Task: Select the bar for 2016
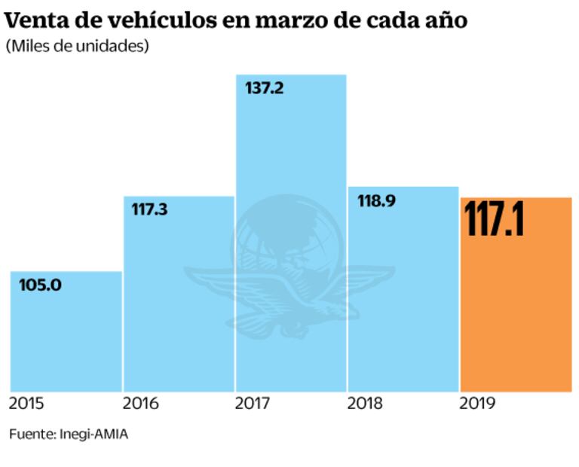[x=179, y=301]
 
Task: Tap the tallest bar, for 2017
[x=291, y=151]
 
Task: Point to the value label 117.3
[x=149, y=209]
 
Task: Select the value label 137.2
[x=264, y=88]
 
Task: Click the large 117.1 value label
[x=494, y=219]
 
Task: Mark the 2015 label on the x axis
[x=27, y=404]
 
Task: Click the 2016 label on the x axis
[x=140, y=404]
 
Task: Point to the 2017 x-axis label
[x=253, y=404]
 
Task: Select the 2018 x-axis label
[x=366, y=404]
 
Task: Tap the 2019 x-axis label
[x=477, y=404]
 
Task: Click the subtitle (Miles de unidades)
[x=77, y=46]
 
